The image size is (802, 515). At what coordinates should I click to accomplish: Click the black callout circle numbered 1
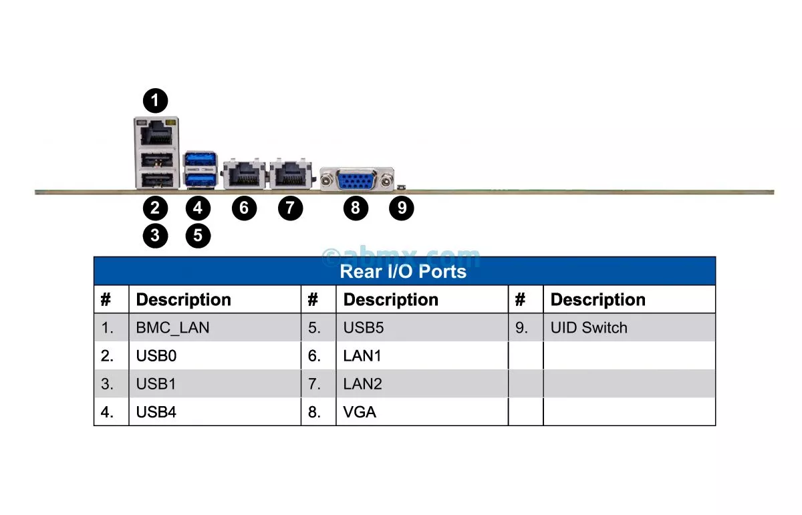tap(156, 102)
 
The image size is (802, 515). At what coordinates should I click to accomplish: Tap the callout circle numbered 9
tap(402, 208)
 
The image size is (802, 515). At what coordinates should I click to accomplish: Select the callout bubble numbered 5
tap(198, 235)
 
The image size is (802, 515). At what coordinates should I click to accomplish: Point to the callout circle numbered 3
tap(156, 235)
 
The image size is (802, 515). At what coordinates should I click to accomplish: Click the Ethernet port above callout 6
tap(244, 175)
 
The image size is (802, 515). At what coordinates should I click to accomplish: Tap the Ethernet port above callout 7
tap(291, 175)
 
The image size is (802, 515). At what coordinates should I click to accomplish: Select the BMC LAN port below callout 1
tap(156, 132)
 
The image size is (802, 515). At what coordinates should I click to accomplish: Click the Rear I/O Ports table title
tap(403, 272)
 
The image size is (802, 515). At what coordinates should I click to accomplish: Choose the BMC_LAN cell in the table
tap(172, 328)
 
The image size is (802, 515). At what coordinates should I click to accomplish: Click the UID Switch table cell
tap(589, 328)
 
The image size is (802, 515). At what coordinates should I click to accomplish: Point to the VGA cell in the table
tap(360, 412)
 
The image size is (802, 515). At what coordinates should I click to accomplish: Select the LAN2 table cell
tap(362, 384)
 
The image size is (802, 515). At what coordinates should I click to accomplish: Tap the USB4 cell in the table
tap(156, 412)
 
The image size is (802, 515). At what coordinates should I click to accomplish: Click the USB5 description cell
tap(364, 328)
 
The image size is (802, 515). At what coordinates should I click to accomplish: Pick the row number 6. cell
tap(315, 356)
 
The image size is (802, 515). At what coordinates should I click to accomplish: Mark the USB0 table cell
tap(156, 356)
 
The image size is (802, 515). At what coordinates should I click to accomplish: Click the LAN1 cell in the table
tap(362, 356)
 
